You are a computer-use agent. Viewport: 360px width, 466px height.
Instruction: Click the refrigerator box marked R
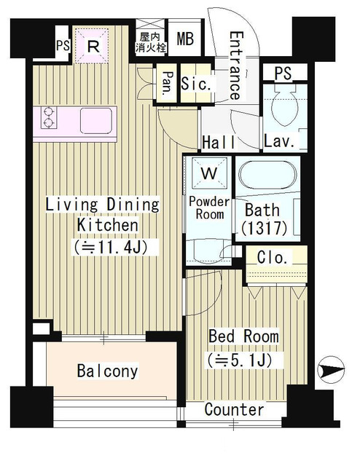(91, 45)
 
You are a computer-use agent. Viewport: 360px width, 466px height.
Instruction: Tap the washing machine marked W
(209, 173)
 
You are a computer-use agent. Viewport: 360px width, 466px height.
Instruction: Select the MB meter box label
(185, 39)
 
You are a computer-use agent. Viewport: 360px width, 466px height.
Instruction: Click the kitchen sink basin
(96, 121)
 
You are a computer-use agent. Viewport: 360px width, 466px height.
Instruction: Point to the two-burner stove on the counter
(49, 117)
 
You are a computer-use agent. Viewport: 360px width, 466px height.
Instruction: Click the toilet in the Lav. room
(284, 106)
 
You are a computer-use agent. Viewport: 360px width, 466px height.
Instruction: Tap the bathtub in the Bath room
(267, 175)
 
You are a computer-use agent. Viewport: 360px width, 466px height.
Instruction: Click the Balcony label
(107, 371)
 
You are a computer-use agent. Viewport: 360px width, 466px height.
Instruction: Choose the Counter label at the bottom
(234, 409)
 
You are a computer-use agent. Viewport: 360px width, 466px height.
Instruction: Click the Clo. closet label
(273, 258)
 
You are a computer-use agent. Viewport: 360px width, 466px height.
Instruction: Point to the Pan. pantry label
(167, 84)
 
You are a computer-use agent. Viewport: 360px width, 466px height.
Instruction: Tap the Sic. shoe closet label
(196, 84)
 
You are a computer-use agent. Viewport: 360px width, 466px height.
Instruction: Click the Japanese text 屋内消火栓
(151, 42)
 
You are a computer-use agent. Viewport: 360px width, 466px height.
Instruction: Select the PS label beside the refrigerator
(63, 45)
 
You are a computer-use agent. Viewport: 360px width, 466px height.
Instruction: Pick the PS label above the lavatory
(283, 73)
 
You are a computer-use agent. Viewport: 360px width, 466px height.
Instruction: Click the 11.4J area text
(111, 247)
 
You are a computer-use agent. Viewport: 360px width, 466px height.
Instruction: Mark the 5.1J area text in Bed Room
(240, 360)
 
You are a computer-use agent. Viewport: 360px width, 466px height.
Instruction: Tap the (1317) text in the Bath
(265, 228)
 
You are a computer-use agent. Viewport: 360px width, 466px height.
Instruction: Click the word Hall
(219, 142)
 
